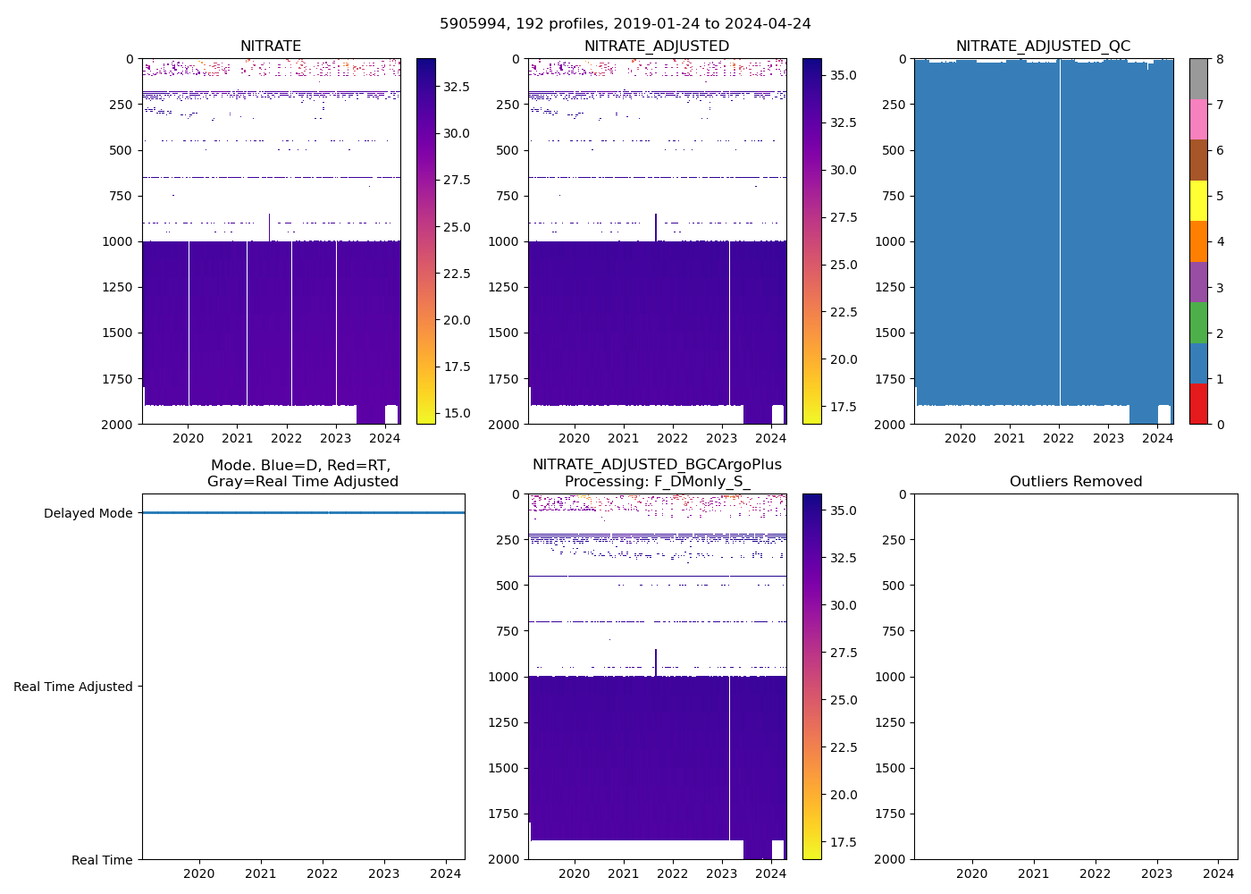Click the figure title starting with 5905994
tap(625, 24)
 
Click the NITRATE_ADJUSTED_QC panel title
tap(1043, 46)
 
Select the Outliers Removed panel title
tap(1075, 482)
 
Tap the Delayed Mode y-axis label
tap(88, 513)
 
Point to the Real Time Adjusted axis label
tap(72, 687)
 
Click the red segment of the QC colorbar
tap(1198, 403)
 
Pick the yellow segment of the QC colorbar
tap(1198, 200)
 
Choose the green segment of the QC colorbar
tap(1198, 322)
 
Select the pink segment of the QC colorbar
tap(1198, 119)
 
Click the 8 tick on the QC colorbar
tap(1220, 59)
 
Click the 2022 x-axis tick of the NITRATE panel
tap(287, 438)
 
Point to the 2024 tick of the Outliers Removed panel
tap(1219, 873)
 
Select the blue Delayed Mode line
tap(303, 513)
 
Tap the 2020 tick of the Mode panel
tap(199, 873)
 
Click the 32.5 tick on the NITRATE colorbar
tap(458, 87)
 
